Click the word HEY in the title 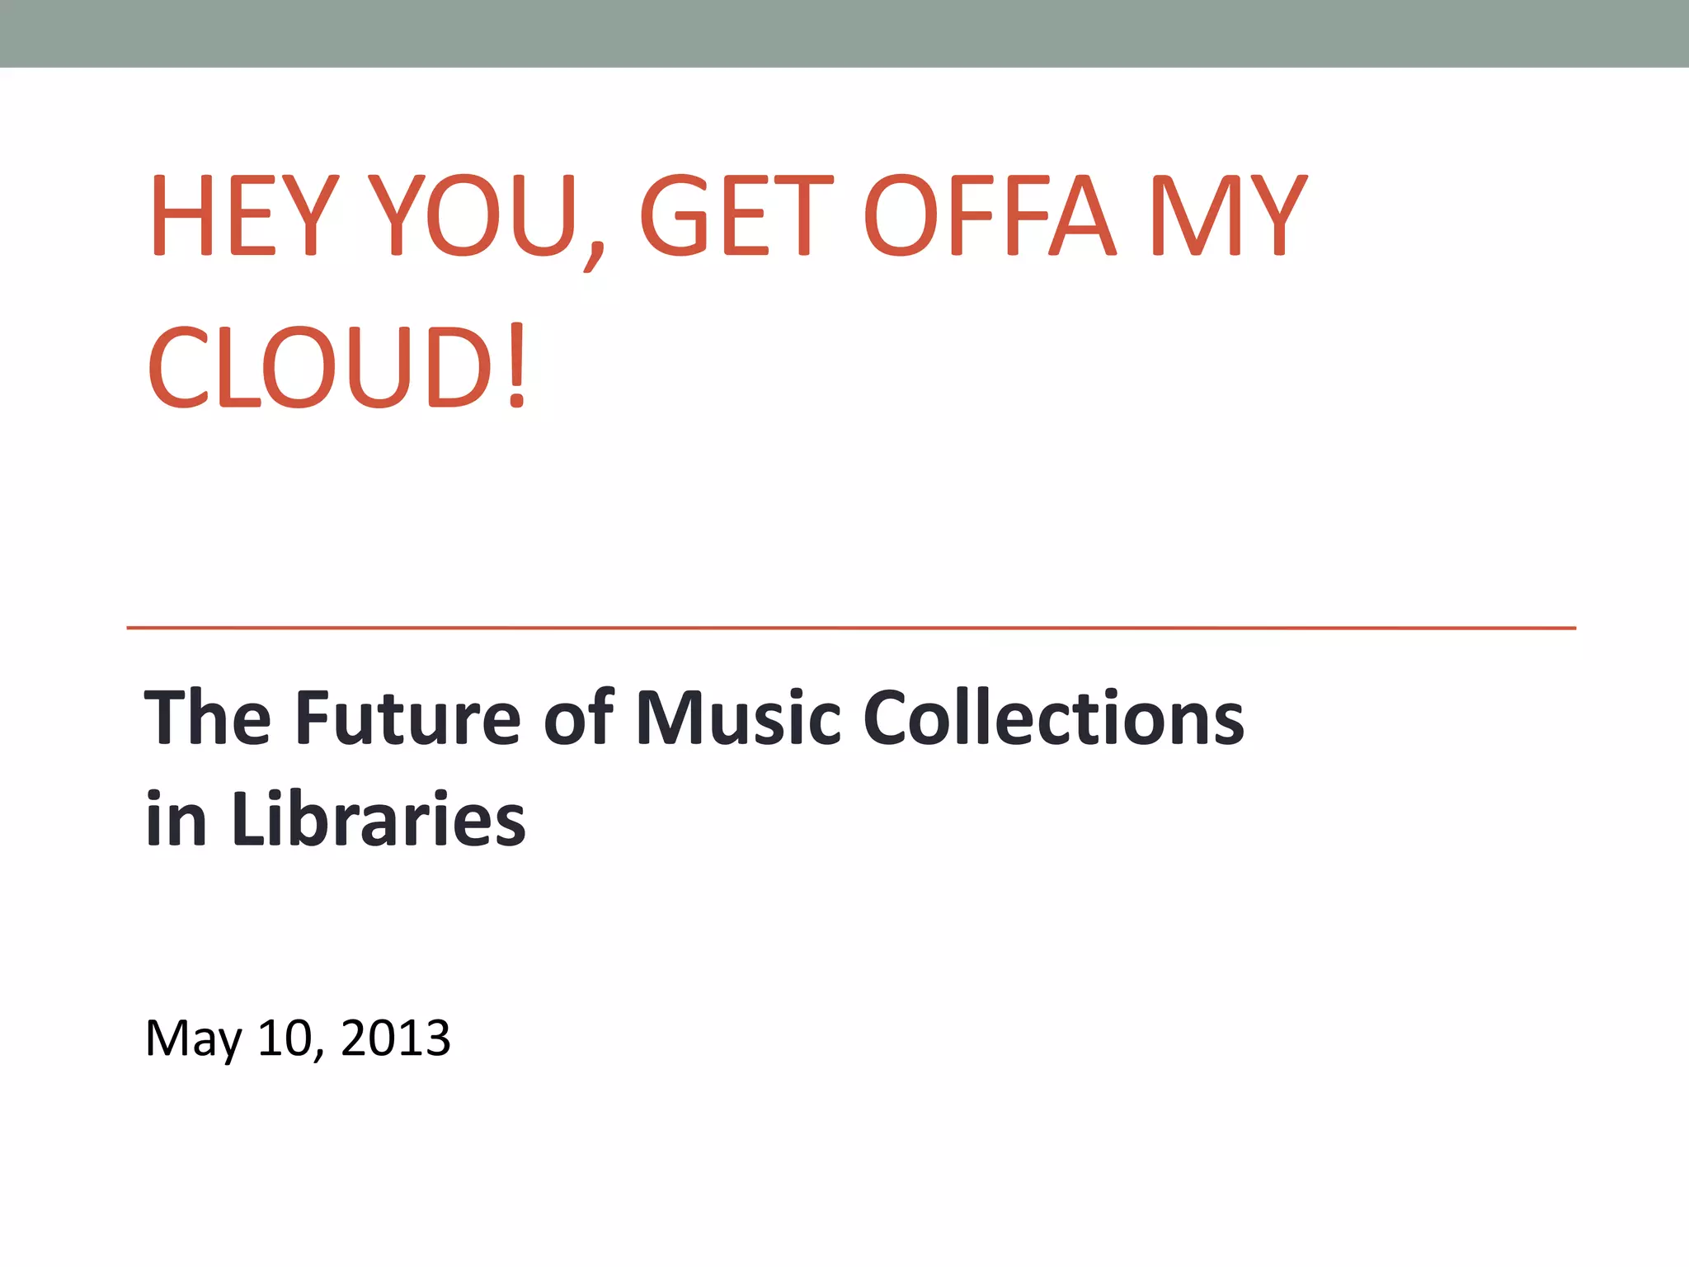tap(243, 216)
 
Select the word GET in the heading tap(736, 216)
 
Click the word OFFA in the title tap(990, 216)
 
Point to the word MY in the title tap(1228, 216)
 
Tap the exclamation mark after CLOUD tap(517, 367)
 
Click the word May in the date tap(193, 1039)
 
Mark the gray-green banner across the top tap(844, 33)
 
